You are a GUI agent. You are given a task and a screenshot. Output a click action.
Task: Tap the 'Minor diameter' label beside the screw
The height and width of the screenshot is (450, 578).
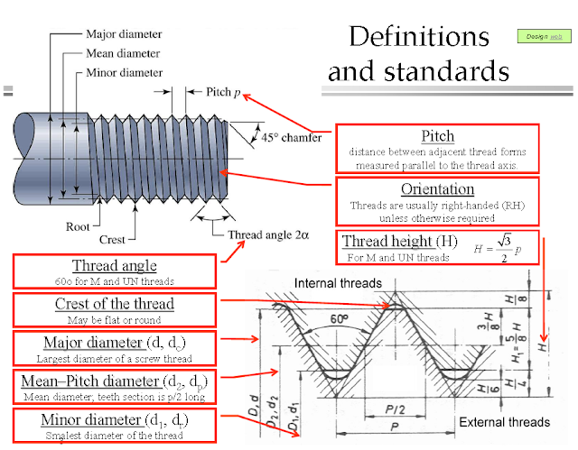pyautogui.click(x=126, y=71)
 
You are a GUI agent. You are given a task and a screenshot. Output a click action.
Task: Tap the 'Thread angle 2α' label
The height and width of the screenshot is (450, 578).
pyautogui.click(x=268, y=234)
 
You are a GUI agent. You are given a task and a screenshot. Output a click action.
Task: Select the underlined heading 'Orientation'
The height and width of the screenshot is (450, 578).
pyautogui.click(x=437, y=188)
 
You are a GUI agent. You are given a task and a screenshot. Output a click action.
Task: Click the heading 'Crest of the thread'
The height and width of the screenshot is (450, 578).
pyautogui.click(x=114, y=304)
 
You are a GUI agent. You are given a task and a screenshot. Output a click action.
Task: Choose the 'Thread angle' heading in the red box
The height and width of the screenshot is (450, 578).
pyautogui.click(x=114, y=266)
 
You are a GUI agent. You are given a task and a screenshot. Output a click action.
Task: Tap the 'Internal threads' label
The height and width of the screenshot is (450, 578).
pyautogui.click(x=339, y=284)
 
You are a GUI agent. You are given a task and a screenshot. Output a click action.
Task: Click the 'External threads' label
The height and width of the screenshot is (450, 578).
pyautogui.click(x=504, y=421)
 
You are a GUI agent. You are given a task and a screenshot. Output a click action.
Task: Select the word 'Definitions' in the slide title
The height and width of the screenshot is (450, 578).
pyautogui.click(x=418, y=37)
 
